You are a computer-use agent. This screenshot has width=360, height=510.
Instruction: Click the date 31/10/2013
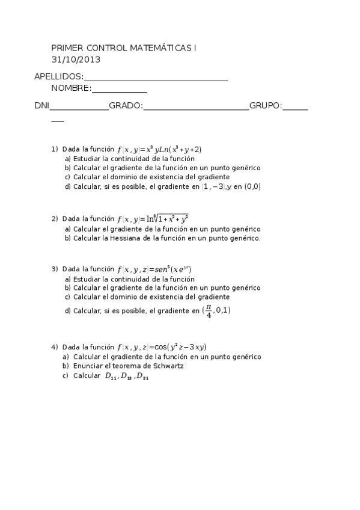tap(76, 60)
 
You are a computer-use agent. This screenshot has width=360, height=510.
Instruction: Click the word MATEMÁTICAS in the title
tap(161, 48)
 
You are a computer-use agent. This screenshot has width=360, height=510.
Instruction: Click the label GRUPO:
tap(265, 106)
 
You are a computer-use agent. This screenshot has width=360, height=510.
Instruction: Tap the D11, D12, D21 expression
tap(126, 376)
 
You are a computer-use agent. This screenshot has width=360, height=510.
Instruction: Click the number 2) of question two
tap(55, 219)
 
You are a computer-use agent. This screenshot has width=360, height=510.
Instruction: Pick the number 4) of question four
tap(55, 347)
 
